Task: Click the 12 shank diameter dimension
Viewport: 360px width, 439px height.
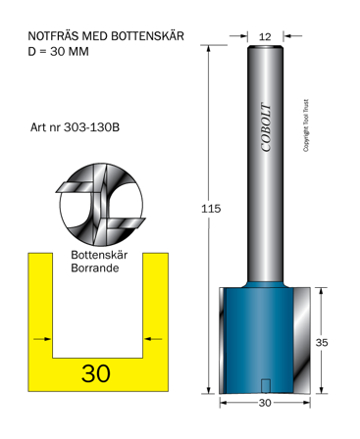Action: [266, 36]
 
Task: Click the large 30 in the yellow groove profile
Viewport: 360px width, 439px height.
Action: [96, 373]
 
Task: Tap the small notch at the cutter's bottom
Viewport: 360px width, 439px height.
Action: [266, 385]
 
